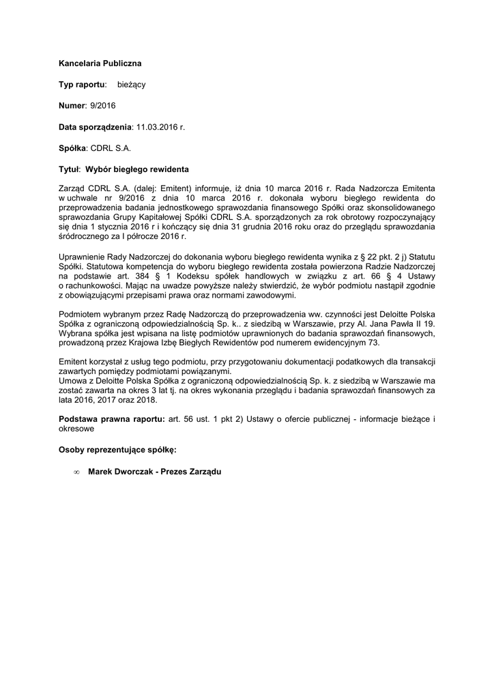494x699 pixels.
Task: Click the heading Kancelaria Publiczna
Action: point(100,63)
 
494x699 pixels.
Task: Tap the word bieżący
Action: point(131,84)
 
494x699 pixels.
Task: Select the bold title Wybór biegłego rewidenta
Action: point(137,168)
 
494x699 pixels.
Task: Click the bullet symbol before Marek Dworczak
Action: point(76,472)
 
